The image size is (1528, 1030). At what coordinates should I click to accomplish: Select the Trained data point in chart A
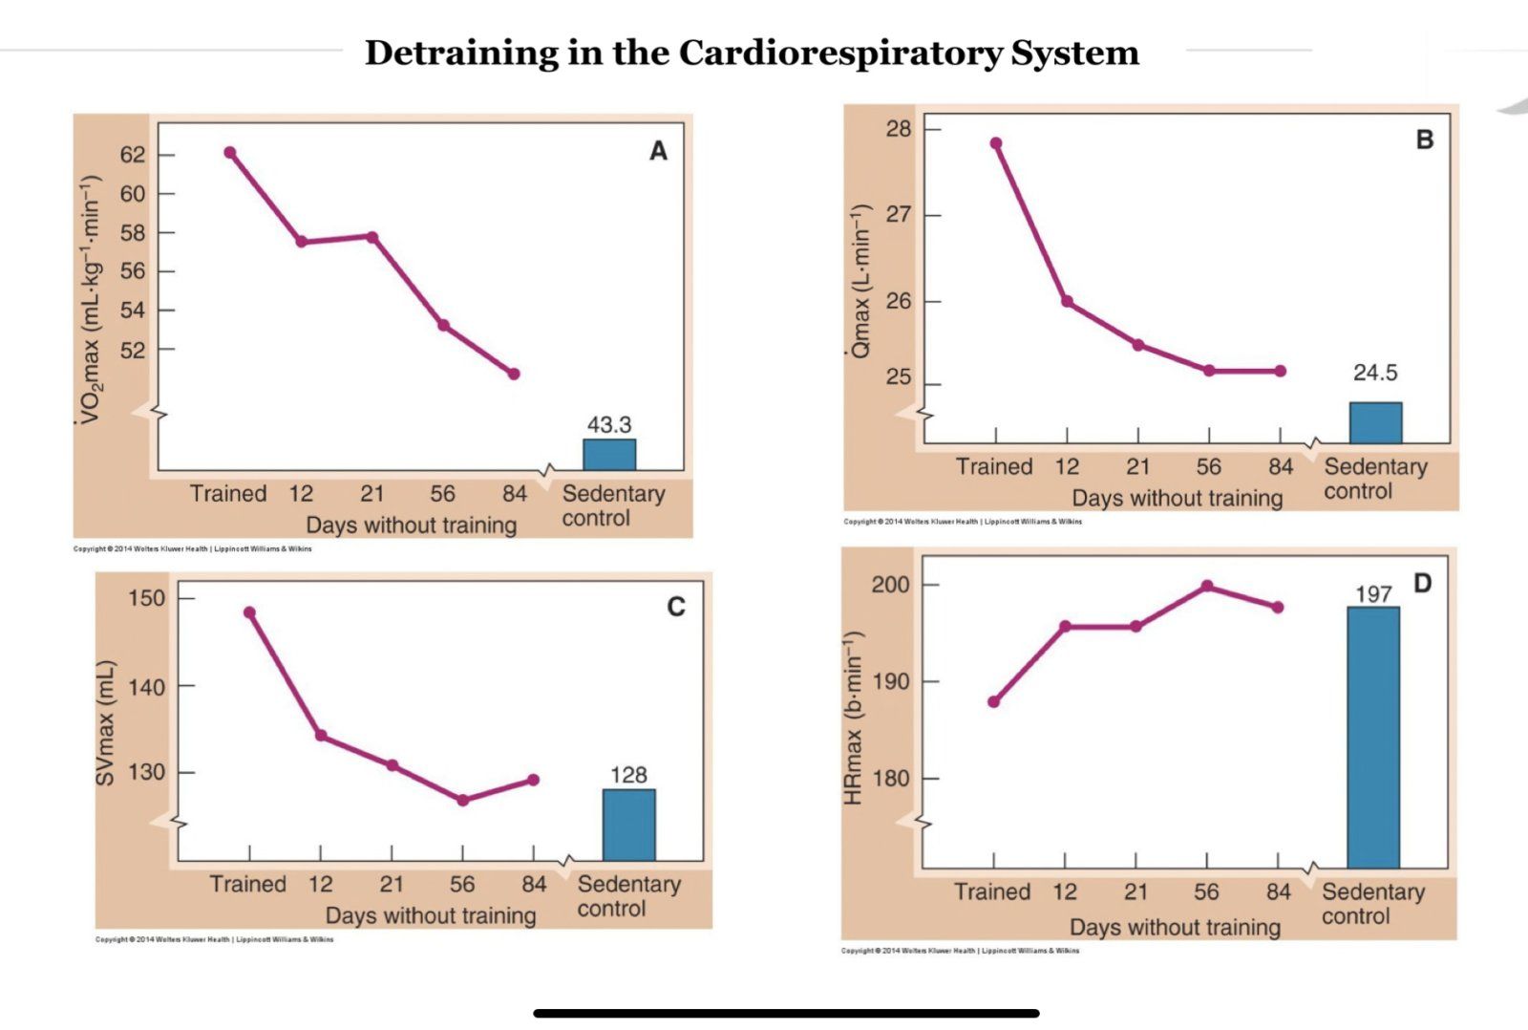coord(230,153)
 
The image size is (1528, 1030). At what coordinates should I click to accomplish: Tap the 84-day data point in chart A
coord(514,374)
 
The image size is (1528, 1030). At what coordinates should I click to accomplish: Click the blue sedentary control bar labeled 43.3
coord(609,455)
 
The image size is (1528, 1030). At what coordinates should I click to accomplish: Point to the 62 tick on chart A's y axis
coord(133,155)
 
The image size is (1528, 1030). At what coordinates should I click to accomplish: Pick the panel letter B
coord(1424,139)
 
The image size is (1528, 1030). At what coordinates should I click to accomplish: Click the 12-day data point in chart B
coord(1067,302)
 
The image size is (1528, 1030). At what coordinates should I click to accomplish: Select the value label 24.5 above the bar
coord(1374,373)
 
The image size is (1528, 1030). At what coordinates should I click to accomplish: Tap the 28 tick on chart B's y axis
coord(899,129)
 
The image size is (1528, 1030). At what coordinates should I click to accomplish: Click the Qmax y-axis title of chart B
coord(860,282)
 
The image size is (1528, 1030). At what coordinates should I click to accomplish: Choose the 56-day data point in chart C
coord(463,801)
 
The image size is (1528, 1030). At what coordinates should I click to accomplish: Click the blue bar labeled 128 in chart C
coord(628,825)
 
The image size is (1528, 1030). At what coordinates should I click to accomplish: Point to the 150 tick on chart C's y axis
coord(146,599)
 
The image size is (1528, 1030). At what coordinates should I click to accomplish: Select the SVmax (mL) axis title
coord(105,723)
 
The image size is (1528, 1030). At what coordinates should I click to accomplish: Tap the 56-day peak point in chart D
coord(1207,586)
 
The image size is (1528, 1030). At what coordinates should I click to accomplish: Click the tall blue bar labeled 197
coord(1373,737)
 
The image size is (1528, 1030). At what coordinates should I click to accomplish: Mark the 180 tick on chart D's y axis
coord(891,779)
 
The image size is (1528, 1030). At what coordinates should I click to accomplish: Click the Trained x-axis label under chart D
coord(992,892)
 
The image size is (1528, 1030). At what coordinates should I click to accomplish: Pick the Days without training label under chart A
coord(411,526)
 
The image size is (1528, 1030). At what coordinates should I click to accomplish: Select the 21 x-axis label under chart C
coord(392,885)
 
